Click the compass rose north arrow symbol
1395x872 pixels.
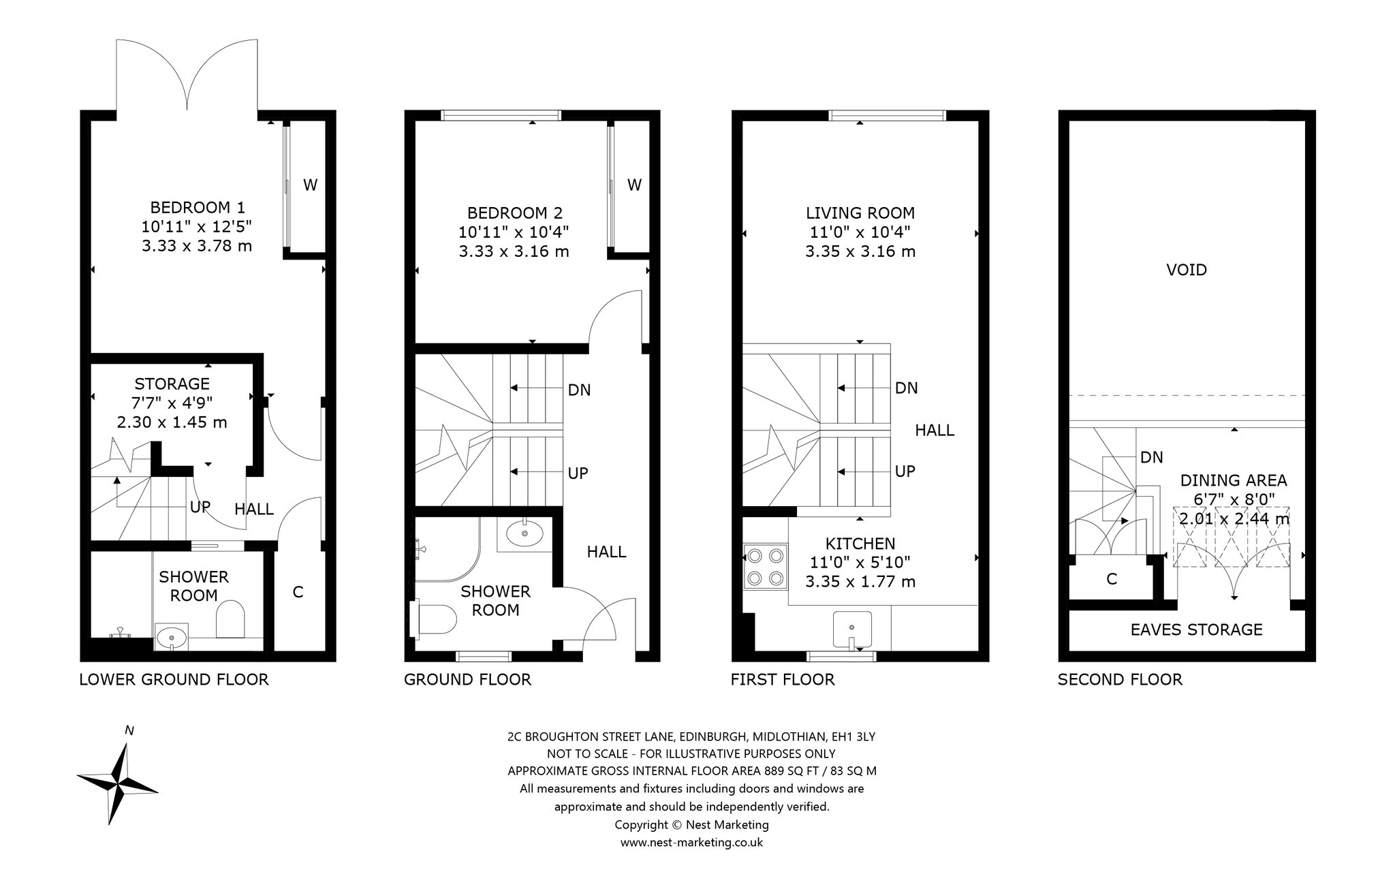click(118, 782)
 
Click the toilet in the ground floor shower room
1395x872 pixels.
click(434, 619)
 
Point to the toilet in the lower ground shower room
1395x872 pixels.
click(230, 619)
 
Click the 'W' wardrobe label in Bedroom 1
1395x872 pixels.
click(310, 185)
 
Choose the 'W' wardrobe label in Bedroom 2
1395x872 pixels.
click(634, 185)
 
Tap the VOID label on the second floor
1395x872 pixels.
click(1187, 270)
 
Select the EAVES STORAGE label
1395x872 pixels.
click(1196, 629)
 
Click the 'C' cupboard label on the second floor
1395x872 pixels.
click(1112, 579)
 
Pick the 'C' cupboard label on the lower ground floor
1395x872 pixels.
click(298, 592)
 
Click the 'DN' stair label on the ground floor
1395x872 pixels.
click(579, 390)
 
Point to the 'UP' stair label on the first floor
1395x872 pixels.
click(905, 471)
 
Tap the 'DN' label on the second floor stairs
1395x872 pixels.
click(1152, 457)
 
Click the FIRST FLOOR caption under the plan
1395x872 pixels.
click(783, 679)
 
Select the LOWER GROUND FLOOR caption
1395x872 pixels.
click(174, 679)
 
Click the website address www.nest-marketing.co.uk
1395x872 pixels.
click(691, 842)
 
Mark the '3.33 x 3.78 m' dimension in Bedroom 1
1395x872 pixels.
click(197, 245)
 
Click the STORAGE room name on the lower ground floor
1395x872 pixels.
click(172, 384)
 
